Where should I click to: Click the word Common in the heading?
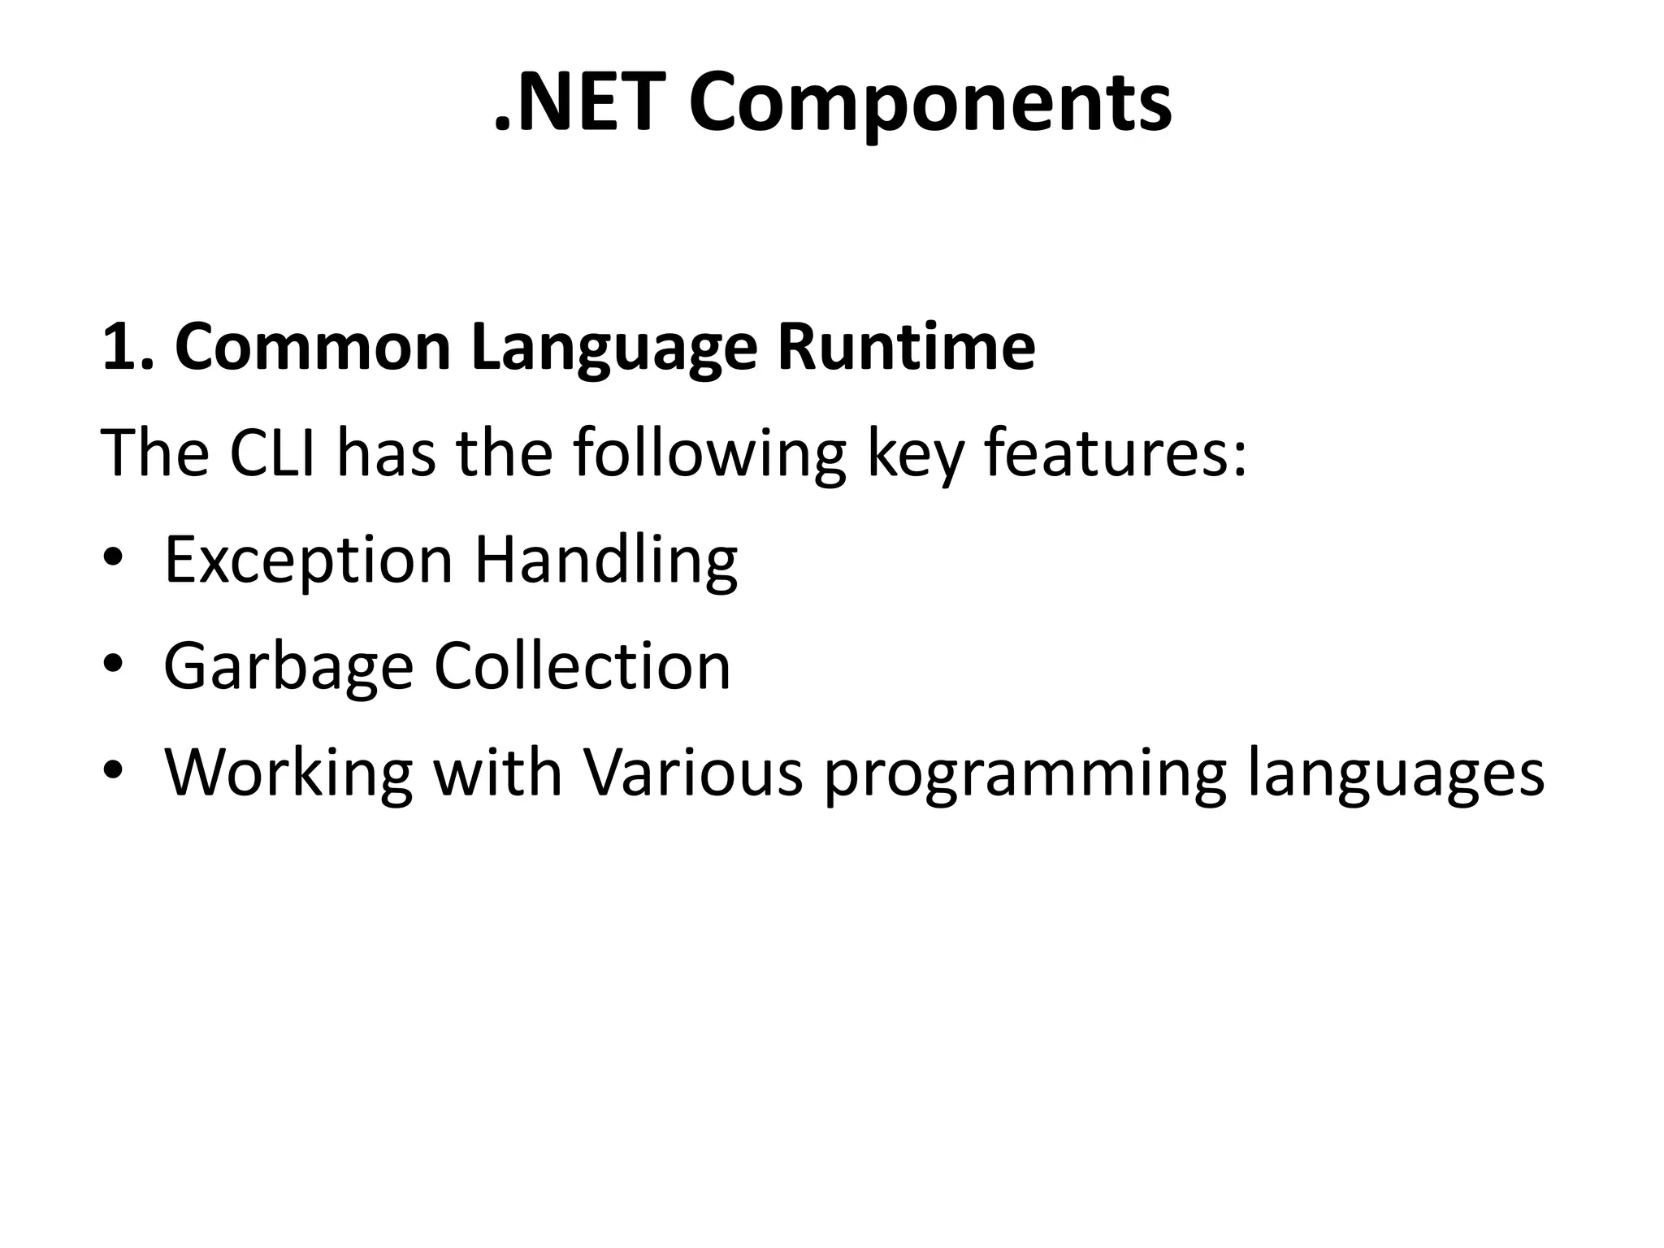(313, 348)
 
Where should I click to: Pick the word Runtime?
(906, 348)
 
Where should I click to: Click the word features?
(1115, 453)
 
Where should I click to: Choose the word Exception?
(308, 562)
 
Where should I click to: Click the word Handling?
(605, 562)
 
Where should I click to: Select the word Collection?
(582, 666)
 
